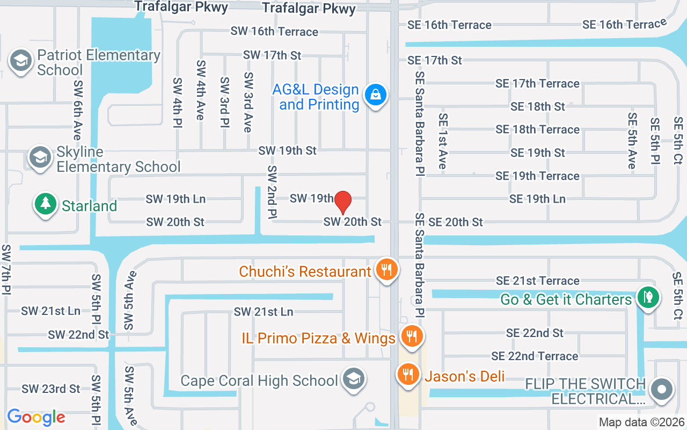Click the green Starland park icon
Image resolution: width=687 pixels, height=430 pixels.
(46, 204)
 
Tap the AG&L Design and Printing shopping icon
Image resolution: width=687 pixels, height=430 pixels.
(376, 95)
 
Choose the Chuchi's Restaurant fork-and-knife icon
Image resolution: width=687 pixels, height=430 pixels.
(386, 269)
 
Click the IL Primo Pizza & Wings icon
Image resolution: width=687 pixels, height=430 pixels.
(412, 337)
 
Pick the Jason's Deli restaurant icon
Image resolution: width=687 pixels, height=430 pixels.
(408, 374)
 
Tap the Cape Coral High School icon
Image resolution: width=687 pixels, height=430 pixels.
(354, 379)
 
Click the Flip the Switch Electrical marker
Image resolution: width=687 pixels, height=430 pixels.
(661, 389)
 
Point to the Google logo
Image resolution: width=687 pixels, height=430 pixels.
(36, 417)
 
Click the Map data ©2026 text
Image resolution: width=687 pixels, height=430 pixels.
(642, 422)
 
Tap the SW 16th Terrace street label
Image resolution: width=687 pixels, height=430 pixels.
(274, 32)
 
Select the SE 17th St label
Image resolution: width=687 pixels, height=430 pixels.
(435, 60)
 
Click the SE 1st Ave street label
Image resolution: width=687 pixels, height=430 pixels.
(443, 141)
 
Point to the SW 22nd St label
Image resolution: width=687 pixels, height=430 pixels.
(78, 335)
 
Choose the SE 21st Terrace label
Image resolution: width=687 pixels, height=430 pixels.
(538, 281)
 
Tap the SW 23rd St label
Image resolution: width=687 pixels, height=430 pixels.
(50, 389)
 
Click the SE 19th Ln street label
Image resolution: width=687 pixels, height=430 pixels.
(537, 199)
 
